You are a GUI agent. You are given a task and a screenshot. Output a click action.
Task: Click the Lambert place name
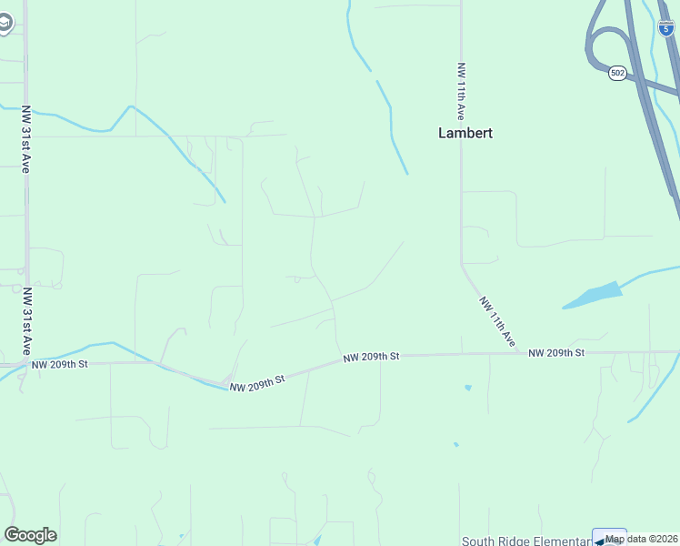(465, 133)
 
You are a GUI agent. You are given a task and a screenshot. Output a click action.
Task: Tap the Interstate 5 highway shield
(665, 27)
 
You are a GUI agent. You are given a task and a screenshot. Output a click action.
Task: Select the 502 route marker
(617, 73)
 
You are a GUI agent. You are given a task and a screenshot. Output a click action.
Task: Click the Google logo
(30, 535)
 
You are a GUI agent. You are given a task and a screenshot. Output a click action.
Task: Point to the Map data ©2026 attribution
(642, 539)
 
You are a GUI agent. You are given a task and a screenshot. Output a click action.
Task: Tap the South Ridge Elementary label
(525, 541)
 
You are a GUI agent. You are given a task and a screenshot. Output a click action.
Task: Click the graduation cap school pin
(5, 23)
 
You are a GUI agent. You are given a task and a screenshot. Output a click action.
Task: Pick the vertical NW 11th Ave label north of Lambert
(462, 91)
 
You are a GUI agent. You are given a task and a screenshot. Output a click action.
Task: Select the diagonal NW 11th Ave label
(498, 320)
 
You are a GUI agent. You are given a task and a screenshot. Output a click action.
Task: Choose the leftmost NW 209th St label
(59, 364)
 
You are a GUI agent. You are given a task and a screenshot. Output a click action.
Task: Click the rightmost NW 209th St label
(555, 352)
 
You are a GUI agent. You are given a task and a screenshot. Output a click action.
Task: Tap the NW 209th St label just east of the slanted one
(371, 358)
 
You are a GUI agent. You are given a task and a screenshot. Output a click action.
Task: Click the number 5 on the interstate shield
(665, 29)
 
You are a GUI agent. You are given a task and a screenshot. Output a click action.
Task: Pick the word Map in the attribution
(615, 539)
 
